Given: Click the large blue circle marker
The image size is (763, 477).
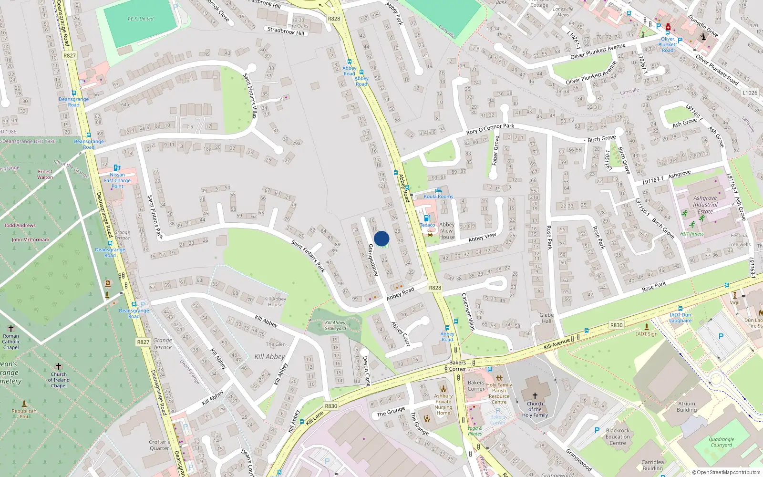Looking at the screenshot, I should [x=381, y=238].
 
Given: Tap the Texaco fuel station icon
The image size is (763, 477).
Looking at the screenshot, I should [x=427, y=218].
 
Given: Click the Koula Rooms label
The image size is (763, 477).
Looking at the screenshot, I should [x=438, y=196].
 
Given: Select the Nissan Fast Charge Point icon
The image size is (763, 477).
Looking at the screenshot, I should [x=117, y=168].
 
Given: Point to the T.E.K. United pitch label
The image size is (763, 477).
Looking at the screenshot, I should [x=140, y=19].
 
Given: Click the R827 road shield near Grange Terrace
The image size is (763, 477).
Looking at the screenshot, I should [x=143, y=342].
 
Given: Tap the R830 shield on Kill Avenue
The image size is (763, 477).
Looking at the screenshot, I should [x=616, y=325].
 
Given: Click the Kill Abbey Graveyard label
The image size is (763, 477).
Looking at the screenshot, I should [x=335, y=325].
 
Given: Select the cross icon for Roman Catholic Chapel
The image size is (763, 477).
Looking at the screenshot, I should [x=11, y=329].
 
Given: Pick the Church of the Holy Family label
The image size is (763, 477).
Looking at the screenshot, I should [x=535, y=409].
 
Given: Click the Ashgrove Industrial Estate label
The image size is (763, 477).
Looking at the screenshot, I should [x=705, y=205].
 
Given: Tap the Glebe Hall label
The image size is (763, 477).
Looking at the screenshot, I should [x=546, y=318].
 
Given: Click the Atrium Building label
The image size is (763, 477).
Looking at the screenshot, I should [x=686, y=406].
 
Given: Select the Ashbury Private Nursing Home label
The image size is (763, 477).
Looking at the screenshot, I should [x=443, y=404].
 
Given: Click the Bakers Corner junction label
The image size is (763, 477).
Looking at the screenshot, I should [x=457, y=365].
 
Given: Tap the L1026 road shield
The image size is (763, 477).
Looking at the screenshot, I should [x=750, y=93].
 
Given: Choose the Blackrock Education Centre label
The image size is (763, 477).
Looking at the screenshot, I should [x=618, y=436].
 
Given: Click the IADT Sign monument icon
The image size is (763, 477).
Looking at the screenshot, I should [x=647, y=327].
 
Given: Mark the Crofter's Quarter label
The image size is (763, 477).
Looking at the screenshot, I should [x=159, y=445].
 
